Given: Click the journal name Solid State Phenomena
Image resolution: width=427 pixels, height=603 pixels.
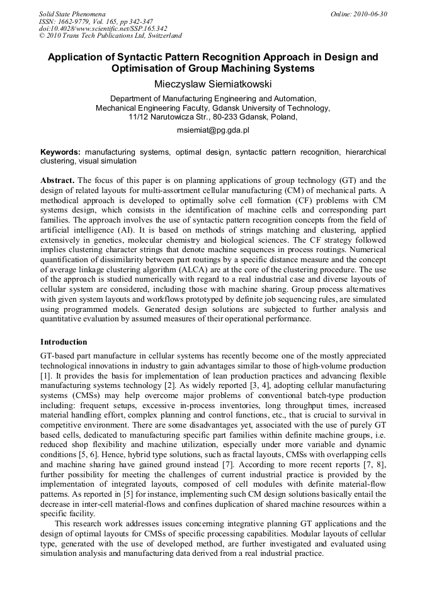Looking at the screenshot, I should (x=72, y=13).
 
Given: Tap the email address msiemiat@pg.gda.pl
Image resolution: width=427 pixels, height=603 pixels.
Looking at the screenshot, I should (x=213, y=130).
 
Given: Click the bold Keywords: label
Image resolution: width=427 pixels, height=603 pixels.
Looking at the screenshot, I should (x=60, y=152).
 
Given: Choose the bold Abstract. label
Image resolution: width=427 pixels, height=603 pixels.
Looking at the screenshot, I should (x=57, y=180).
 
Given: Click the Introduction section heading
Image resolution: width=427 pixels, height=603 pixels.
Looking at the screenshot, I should (x=64, y=342).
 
